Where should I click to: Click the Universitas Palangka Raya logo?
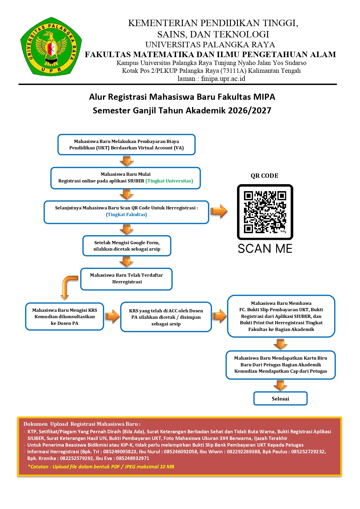(51, 46)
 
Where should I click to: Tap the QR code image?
(265, 212)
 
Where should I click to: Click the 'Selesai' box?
(281, 398)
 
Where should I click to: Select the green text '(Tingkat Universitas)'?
(169, 181)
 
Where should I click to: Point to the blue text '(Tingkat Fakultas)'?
(126, 215)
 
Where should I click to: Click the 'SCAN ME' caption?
(265, 249)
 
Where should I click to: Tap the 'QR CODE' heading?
(265, 176)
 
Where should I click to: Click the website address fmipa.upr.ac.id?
(223, 79)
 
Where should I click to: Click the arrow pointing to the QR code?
(219, 211)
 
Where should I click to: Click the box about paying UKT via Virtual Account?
(126, 144)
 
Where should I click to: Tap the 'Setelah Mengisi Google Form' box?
(127, 246)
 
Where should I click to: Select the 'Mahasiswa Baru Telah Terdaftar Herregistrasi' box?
(126, 279)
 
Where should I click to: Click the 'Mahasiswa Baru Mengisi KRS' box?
(65, 316)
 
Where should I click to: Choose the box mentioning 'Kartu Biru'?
(281, 365)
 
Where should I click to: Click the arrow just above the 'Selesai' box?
(281, 385)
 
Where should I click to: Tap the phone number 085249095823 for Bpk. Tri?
(120, 452)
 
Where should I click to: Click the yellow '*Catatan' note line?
(101, 467)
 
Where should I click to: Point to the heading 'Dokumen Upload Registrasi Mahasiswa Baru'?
(82, 424)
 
